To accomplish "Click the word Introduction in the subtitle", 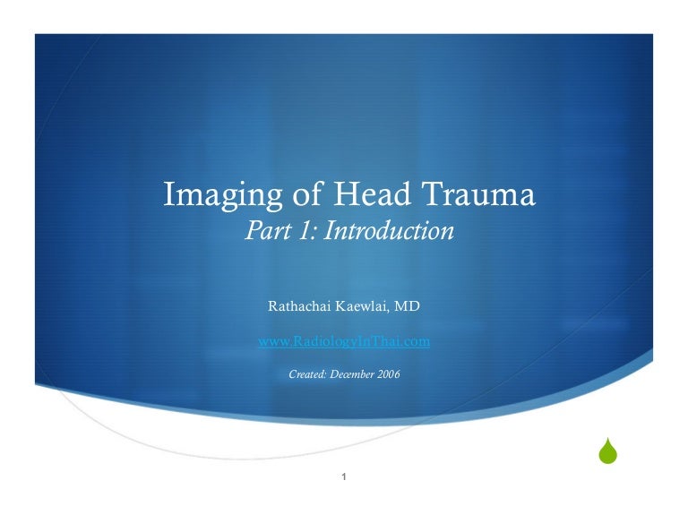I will (x=389, y=231).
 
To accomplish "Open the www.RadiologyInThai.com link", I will (x=344, y=341).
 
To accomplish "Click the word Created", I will (x=307, y=373).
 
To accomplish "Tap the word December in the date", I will (x=353, y=373).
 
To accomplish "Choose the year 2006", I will (x=389, y=373).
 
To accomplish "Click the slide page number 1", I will (x=345, y=476).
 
